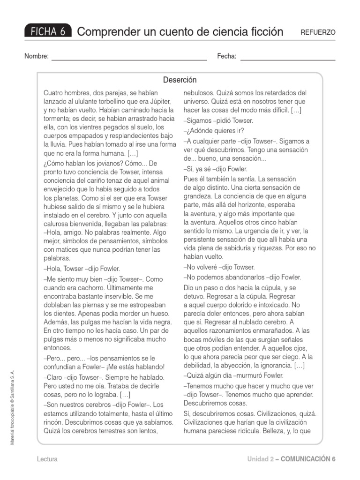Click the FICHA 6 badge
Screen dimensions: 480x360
(x=48, y=31)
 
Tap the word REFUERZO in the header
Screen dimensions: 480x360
(x=318, y=32)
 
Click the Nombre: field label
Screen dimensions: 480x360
(x=37, y=57)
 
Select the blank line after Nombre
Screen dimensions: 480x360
(x=129, y=60)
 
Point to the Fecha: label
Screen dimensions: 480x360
(x=227, y=57)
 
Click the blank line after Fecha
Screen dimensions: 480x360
(x=288, y=60)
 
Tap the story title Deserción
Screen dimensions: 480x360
(x=180, y=80)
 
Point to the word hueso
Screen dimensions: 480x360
(x=149, y=313)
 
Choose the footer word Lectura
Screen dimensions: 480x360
(x=47, y=459)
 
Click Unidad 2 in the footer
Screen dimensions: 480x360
(x=260, y=459)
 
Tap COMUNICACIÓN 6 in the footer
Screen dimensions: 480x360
(x=308, y=459)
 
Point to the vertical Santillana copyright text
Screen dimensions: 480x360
(x=13, y=407)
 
